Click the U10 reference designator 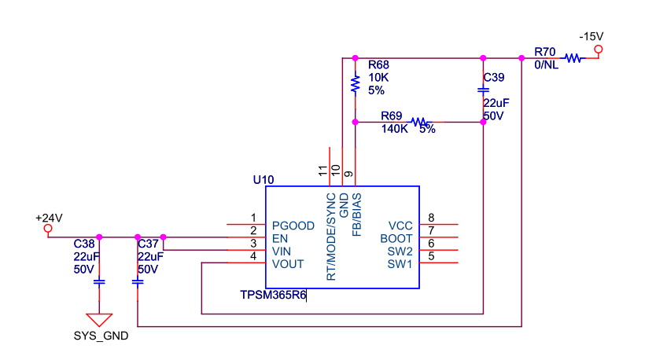263,180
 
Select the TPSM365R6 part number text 273,295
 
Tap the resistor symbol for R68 356,84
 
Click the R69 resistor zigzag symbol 421,122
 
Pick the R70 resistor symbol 573,58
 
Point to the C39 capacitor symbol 483,90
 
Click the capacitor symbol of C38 99,282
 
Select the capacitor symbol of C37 138,282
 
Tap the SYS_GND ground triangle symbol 99,320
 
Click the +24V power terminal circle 48,228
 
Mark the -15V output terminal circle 599,50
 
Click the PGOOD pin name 293,226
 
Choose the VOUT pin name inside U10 288,264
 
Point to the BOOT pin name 396,238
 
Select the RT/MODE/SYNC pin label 331,237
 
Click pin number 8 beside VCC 431,218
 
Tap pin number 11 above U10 322,171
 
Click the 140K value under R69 394,129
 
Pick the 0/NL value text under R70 546,65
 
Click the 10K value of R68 378,78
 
